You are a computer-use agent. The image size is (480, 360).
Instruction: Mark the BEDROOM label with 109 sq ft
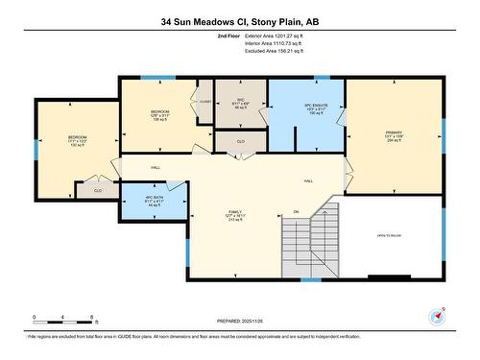[x=160, y=113]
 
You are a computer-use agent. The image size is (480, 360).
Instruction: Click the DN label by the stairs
[x=296, y=210]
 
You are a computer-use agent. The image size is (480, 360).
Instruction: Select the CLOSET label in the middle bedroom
[x=205, y=100]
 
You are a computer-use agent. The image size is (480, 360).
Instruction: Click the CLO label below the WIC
[x=241, y=142]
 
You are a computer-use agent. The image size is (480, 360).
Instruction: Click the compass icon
[x=438, y=316]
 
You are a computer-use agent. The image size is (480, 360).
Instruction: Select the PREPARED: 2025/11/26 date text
[x=240, y=323]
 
